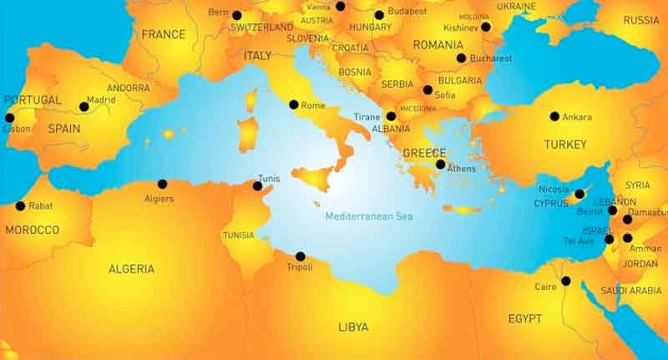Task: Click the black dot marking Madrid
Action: click(83, 107)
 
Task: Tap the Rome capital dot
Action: click(293, 104)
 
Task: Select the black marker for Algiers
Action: click(162, 184)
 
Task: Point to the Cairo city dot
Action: click(565, 281)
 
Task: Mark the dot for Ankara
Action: click(554, 116)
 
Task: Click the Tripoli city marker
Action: click(300, 256)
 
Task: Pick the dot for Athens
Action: click(440, 165)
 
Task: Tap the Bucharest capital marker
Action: click(461, 58)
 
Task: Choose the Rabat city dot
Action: click(20, 205)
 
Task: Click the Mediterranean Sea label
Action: click(368, 216)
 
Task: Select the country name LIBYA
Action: click(353, 327)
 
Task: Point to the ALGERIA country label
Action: click(131, 269)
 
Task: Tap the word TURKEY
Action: click(565, 145)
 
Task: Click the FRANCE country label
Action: click(163, 35)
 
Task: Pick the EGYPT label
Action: click(524, 318)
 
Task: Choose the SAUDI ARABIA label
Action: click(632, 291)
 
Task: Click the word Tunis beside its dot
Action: click(270, 178)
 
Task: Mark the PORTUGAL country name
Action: click(33, 100)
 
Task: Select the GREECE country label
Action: click(423, 154)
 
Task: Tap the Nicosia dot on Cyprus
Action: click(579, 194)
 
